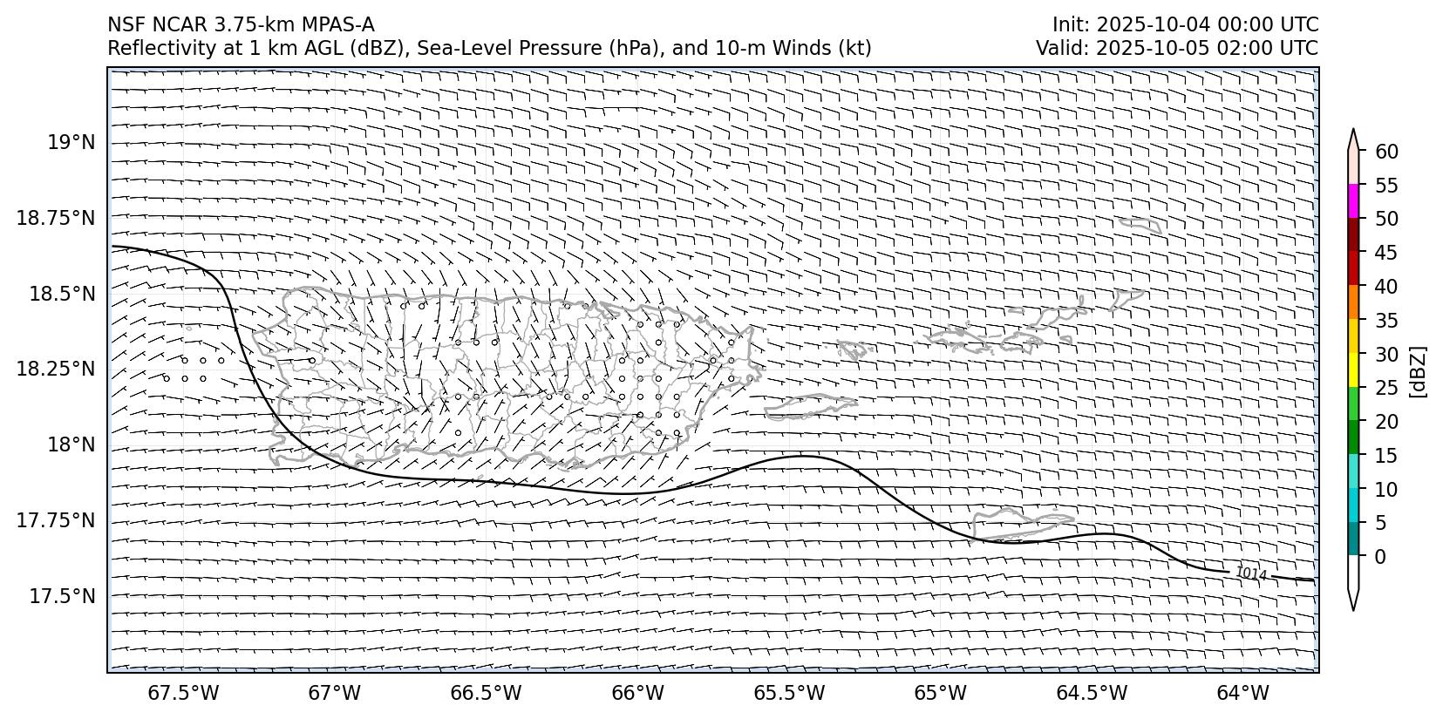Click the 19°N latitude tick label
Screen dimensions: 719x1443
(x=71, y=142)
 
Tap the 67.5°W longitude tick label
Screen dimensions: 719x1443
(x=183, y=693)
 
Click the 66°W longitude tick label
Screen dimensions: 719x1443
(x=637, y=693)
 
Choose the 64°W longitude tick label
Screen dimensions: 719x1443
(x=1242, y=693)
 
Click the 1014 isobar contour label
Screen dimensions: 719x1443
(x=1250, y=573)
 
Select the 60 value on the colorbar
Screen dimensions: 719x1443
(x=1386, y=152)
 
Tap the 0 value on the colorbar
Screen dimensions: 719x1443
(x=1379, y=556)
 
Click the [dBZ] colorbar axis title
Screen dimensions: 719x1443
(x=1418, y=372)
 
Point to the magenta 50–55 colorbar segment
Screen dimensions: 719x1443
(x=1353, y=201)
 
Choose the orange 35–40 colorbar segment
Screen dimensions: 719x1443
(x=1353, y=302)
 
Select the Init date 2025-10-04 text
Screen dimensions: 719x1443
(x=1138, y=24)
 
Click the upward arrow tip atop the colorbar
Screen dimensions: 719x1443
(x=1353, y=131)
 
